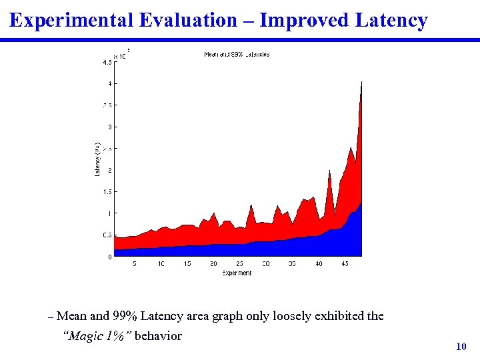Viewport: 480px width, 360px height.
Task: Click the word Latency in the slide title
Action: [x=391, y=21]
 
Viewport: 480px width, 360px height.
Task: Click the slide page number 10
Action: [x=460, y=347]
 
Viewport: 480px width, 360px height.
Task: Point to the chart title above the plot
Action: [x=237, y=55]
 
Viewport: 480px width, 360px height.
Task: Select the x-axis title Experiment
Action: [x=237, y=273]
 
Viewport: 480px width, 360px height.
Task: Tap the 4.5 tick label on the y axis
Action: [x=107, y=63]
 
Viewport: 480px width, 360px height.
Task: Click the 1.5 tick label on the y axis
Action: [x=107, y=192]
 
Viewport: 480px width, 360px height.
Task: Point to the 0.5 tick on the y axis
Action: [x=107, y=235]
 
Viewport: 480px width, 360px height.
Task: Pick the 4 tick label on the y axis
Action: [x=109, y=84]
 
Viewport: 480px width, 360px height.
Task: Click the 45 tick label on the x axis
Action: [x=345, y=265]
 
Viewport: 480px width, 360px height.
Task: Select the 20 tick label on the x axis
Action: [x=213, y=265]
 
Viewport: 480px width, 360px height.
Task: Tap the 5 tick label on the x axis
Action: [x=135, y=265]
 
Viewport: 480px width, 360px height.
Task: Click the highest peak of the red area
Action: [x=361, y=83]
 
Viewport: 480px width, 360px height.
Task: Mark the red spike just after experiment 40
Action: [x=329, y=172]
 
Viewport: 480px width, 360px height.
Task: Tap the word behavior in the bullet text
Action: [x=158, y=336]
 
